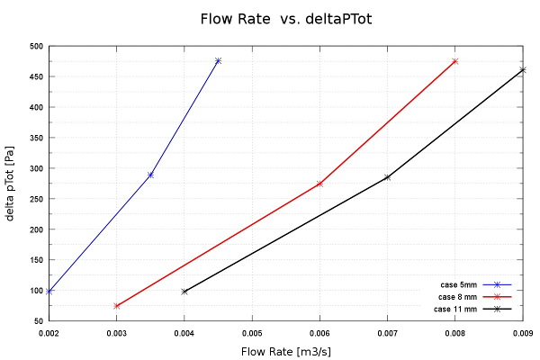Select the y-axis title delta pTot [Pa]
tap(10, 184)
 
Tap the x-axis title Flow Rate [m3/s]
tap(285, 351)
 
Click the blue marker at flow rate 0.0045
tap(218, 60)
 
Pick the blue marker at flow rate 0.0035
tap(150, 175)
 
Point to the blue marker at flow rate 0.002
tap(49, 291)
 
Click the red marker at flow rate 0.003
tap(117, 306)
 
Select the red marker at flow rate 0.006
tap(319, 184)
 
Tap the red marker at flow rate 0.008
tap(455, 61)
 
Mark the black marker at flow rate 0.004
tap(184, 291)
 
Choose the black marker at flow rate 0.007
tap(387, 177)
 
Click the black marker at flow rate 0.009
tap(523, 69)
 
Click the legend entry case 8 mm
tap(458, 297)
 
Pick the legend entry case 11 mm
tap(455, 309)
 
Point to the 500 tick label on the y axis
tap(35, 46)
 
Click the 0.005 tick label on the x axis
tap(252, 332)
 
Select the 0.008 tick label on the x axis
tap(455, 332)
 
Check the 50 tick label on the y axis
tap(38, 321)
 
